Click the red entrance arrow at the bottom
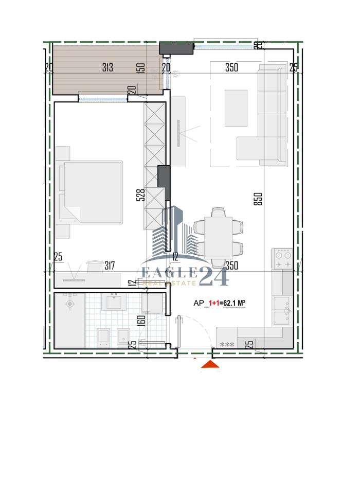coord(210,364)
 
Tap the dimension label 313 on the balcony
coord(108,67)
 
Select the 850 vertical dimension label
coord(259,199)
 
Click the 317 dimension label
coord(109,266)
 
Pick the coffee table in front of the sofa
coord(236,108)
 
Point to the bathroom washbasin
coord(114,302)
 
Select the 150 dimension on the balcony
coord(140,68)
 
